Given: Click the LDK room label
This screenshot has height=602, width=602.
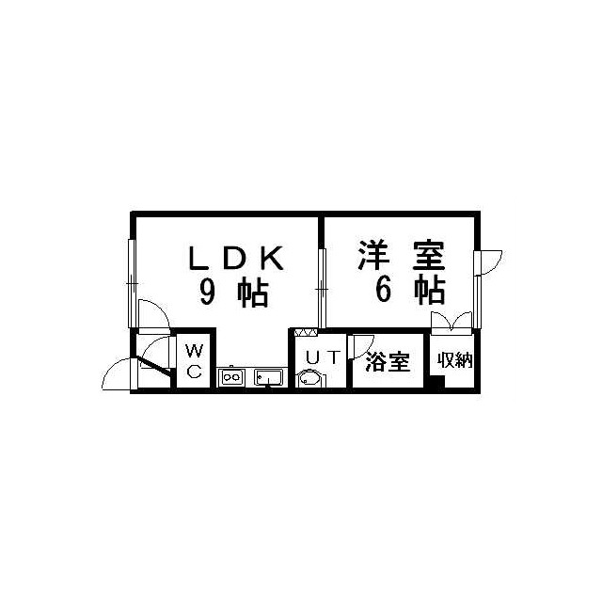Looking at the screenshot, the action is point(236,258).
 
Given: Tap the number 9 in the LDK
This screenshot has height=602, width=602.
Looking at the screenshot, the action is point(207,293).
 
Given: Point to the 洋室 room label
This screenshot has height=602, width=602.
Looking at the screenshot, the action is point(402,256).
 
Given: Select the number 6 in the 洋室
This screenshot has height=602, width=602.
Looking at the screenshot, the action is point(384,290).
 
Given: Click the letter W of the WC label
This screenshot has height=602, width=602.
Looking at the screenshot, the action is point(194,350).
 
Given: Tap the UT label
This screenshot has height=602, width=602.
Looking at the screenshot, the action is point(323,357).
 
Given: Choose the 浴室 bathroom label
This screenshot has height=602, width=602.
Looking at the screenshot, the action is point(388,361).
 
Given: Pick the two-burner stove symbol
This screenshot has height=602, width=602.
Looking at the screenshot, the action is point(231,377).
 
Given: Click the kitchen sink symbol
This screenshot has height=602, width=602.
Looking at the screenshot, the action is point(268,377).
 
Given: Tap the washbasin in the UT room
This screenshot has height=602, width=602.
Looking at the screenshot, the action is point(310,378).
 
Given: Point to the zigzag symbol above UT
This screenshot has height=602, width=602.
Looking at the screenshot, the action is point(306,332).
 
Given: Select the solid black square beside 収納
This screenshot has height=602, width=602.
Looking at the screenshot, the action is point(437,383).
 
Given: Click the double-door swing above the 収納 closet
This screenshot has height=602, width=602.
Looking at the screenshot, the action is point(451,323).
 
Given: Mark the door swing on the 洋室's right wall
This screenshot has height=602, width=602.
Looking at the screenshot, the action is point(488,262).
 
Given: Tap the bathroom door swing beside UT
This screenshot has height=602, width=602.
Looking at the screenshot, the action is point(361,347).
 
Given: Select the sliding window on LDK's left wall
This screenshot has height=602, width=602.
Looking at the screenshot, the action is point(132,283).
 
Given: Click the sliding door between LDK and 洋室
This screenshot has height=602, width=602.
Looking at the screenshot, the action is point(322,289).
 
